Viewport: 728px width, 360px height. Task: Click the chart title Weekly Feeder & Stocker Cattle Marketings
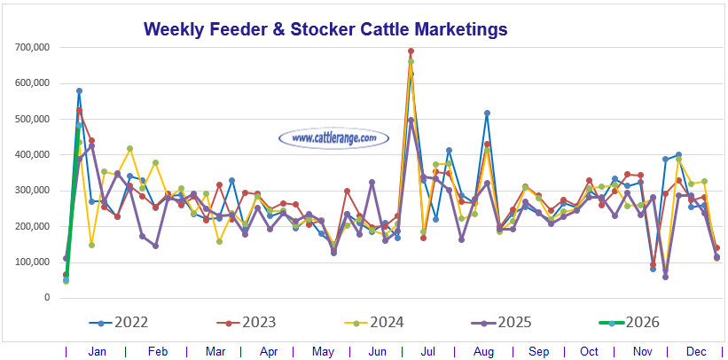(325, 29)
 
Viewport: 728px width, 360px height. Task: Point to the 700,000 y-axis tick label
(32, 47)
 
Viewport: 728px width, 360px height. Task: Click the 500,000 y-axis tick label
(32, 119)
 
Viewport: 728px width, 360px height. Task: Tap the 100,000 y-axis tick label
(32, 262)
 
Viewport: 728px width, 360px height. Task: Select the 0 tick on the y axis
(47, 298)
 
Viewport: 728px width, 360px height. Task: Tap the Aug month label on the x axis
(484, 351)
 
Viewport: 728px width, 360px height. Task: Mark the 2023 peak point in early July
(411, 51)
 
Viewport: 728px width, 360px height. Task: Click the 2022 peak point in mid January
(80, 90)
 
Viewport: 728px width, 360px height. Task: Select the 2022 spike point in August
(487, 113)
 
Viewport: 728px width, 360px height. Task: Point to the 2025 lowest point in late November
(666, 277)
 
